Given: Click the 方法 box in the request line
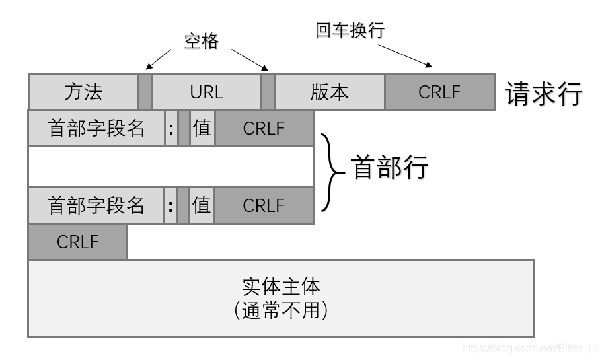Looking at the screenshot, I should pos(83,91).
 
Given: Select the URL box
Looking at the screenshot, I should pos(206,91).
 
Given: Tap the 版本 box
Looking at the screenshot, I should pos(329,91).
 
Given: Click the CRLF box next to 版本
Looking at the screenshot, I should pos(439,91).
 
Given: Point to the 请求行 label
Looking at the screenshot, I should pos(544,94).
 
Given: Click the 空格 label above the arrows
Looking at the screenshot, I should pos(201,42).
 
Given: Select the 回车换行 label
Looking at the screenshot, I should pos(350,30).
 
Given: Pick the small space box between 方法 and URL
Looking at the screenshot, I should pos(145,91).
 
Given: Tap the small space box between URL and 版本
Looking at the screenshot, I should pos(268,91).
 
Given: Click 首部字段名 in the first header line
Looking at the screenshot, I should pos(96,128).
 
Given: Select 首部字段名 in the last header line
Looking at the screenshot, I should pos(96,205).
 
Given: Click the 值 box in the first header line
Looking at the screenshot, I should pos(202,128).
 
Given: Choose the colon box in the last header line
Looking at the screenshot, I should pos(170,205).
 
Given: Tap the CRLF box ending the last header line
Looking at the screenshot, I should pos(264,205).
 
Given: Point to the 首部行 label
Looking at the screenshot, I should pos(390,168).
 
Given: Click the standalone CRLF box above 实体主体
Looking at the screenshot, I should pos(77,241).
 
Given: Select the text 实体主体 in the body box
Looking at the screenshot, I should pos(282,287).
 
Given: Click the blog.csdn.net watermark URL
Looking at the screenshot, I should pos(529,348).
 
